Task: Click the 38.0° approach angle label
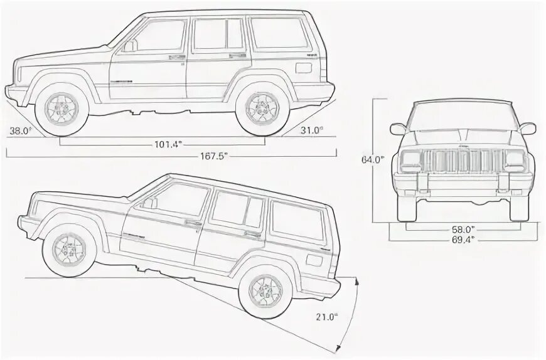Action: click(19, 130)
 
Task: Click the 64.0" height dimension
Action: click(372, 159)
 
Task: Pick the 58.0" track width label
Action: click(463, 230)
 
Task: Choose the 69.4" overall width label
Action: click(463, 239)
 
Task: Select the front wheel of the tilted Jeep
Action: click(68, 251)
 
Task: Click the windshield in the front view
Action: click(463, 115)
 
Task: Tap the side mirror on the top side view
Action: click(129, 46)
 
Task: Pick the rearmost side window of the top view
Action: click(279, 34)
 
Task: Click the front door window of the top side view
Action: click(160, 36)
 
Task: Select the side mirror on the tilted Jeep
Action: click(150, 203)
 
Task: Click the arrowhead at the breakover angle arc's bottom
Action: click(340, 349)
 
